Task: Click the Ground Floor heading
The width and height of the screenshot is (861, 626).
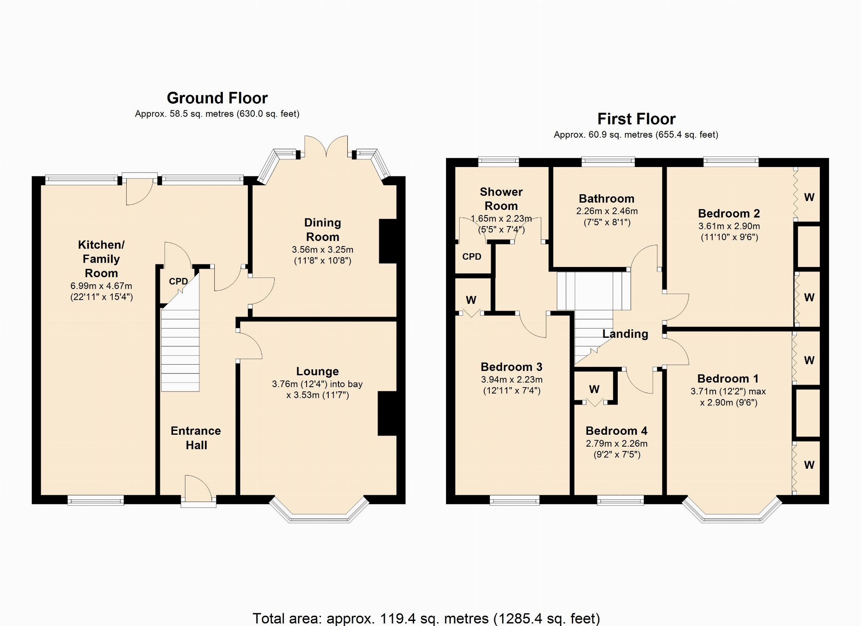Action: coord(217,98)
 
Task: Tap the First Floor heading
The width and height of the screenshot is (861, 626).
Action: coord(637,119)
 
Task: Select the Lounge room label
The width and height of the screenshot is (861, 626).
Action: coord(318,371)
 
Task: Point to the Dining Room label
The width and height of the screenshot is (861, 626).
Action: coord(323,229)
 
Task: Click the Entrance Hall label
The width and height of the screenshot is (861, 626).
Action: coord(196,438)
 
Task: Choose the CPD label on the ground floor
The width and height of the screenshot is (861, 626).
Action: coord(178,281)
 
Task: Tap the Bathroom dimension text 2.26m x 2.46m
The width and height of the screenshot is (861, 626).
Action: coord(607,211)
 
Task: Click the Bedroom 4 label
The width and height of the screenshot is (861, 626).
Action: coord(617,431)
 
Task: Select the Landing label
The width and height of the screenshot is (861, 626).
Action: coord(625,334)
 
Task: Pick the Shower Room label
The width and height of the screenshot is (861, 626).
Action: coord(501,199)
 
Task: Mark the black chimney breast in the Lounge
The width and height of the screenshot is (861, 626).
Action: coord(387,414)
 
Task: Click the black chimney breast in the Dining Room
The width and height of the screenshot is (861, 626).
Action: coord(388,241)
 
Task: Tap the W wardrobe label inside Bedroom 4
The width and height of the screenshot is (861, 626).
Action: coord(594,389)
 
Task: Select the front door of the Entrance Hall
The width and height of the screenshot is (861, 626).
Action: coord(199,493)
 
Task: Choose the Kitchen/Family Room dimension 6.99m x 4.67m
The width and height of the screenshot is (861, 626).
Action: coord(101,286)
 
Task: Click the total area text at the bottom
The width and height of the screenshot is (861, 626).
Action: coord(426,618)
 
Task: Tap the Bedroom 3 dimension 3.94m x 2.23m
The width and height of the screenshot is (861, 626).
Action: coord(511,380)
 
